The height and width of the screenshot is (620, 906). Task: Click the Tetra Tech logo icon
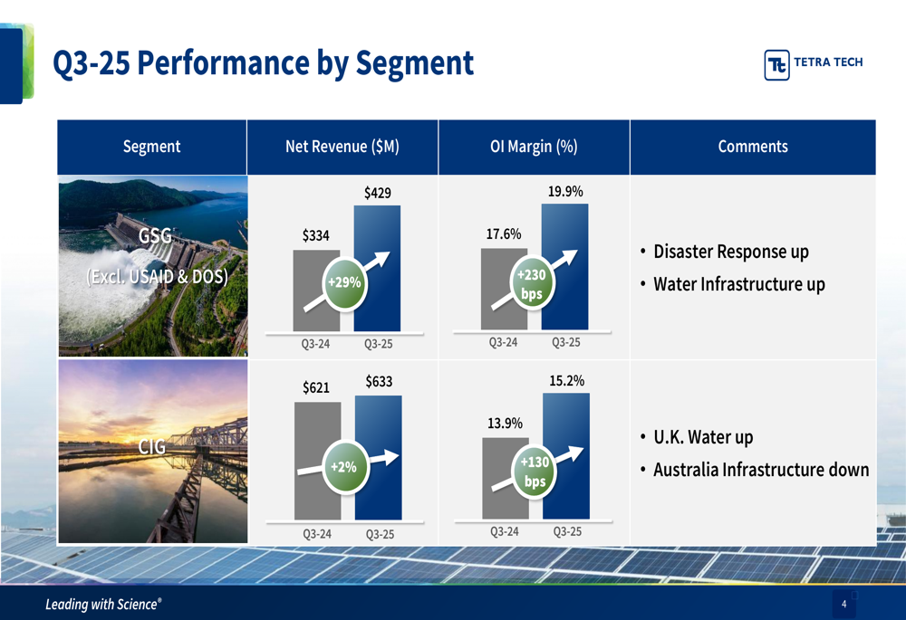point(776,64)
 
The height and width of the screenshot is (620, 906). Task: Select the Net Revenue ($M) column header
point(342,147)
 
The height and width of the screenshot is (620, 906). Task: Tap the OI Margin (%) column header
point(534,147)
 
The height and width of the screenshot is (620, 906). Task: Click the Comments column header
point(753,147)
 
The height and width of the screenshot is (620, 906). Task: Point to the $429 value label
point(377,193)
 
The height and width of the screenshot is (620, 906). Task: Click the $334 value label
point(315,235)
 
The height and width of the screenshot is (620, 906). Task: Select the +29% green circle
point(344,282)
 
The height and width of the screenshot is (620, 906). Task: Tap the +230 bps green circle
point(532,283)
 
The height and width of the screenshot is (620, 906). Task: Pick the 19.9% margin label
point(565,192)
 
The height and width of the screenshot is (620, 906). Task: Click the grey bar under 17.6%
point(504,289)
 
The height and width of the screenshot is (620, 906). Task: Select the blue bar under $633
point(379,458)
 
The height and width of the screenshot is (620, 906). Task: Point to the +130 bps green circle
point(535,471)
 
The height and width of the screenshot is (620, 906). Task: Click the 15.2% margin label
point(567,381)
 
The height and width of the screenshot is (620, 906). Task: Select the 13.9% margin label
point(505,424)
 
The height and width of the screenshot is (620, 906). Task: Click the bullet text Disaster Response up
point(731,252)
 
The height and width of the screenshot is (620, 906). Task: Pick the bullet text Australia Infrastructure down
point(761,470)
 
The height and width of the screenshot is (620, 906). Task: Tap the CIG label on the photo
point(152,447)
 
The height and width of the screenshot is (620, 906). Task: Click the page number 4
point(844,604)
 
